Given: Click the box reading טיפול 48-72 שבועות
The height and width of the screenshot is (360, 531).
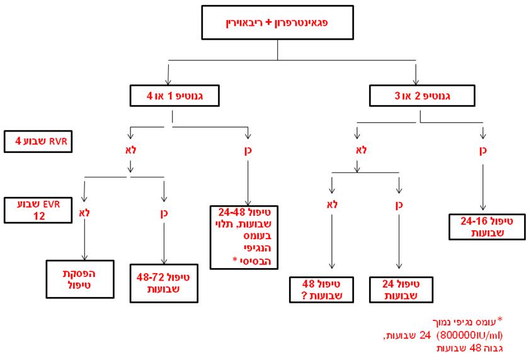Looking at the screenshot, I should click(x=164, y=281).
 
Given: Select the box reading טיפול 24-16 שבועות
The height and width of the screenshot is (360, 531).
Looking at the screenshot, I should click(x=484, y=226).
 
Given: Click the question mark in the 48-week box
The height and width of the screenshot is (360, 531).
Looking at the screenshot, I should click(x=313, y=295).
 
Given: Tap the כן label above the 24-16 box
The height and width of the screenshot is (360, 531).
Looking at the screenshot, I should click(x=484, y=151).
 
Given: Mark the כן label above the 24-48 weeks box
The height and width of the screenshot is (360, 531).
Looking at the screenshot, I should click(x=249, y=151).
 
